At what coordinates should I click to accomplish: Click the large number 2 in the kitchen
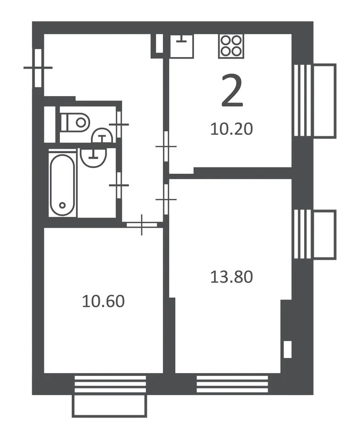(x=232, y=91)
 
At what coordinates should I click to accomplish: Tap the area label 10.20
(x=231, y=129)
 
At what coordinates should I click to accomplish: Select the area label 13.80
(x=231, y=277)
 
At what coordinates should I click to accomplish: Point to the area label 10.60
(x=103, y=301)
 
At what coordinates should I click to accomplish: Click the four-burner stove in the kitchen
(x=231, y=46)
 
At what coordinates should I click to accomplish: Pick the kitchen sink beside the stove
(x=182, y=46)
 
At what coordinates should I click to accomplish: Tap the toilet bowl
(x=75, y=123)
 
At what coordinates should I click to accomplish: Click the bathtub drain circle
(x=63, y=205)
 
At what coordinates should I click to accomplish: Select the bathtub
(x=63, y=185)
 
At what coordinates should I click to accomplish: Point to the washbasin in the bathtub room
(x=94, y=157)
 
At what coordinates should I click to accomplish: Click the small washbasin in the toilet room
(x=102, y=136)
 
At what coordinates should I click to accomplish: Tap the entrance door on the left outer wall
(x=38, y=68)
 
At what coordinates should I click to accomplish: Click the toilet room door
(x=119, y=124)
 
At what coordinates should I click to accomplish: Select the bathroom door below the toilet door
(x=119, y=185)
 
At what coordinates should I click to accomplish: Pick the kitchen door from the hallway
(x=166, y=146)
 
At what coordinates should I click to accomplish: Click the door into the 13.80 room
(x=166, y=199)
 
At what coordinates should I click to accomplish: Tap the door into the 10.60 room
(x=142, y=225)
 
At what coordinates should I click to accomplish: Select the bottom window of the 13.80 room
(x=232, y=384)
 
